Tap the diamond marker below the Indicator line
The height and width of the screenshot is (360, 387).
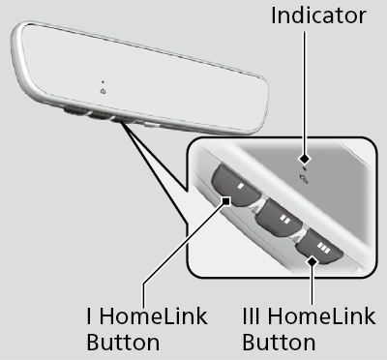(x=306, y=157)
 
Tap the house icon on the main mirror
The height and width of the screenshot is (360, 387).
(x=103, y=91)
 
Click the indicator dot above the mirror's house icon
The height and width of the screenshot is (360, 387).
(x=102, y=80)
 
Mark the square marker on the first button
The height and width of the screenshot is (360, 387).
(x=226, y=201)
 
